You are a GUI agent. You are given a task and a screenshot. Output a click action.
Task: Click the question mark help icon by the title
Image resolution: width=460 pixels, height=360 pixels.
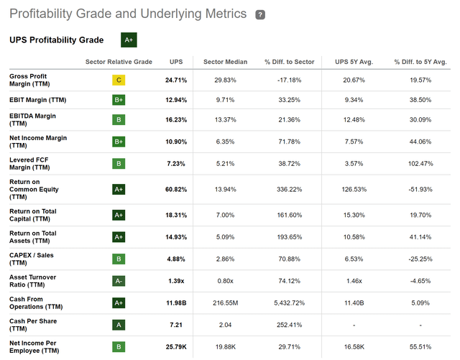click(x=259, y=14)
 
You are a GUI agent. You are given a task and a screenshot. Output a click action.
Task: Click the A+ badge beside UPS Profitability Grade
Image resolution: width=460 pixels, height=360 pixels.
click(x=129, y=40)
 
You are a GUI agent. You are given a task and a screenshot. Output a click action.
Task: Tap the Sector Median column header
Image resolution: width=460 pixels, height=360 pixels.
click(x=225, y=62)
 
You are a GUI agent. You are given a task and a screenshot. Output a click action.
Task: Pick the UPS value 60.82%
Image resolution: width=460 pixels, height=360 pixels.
click(x=175, y=190)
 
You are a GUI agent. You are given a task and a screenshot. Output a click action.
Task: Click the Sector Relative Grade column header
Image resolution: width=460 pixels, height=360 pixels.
click(x=119, y=62)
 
